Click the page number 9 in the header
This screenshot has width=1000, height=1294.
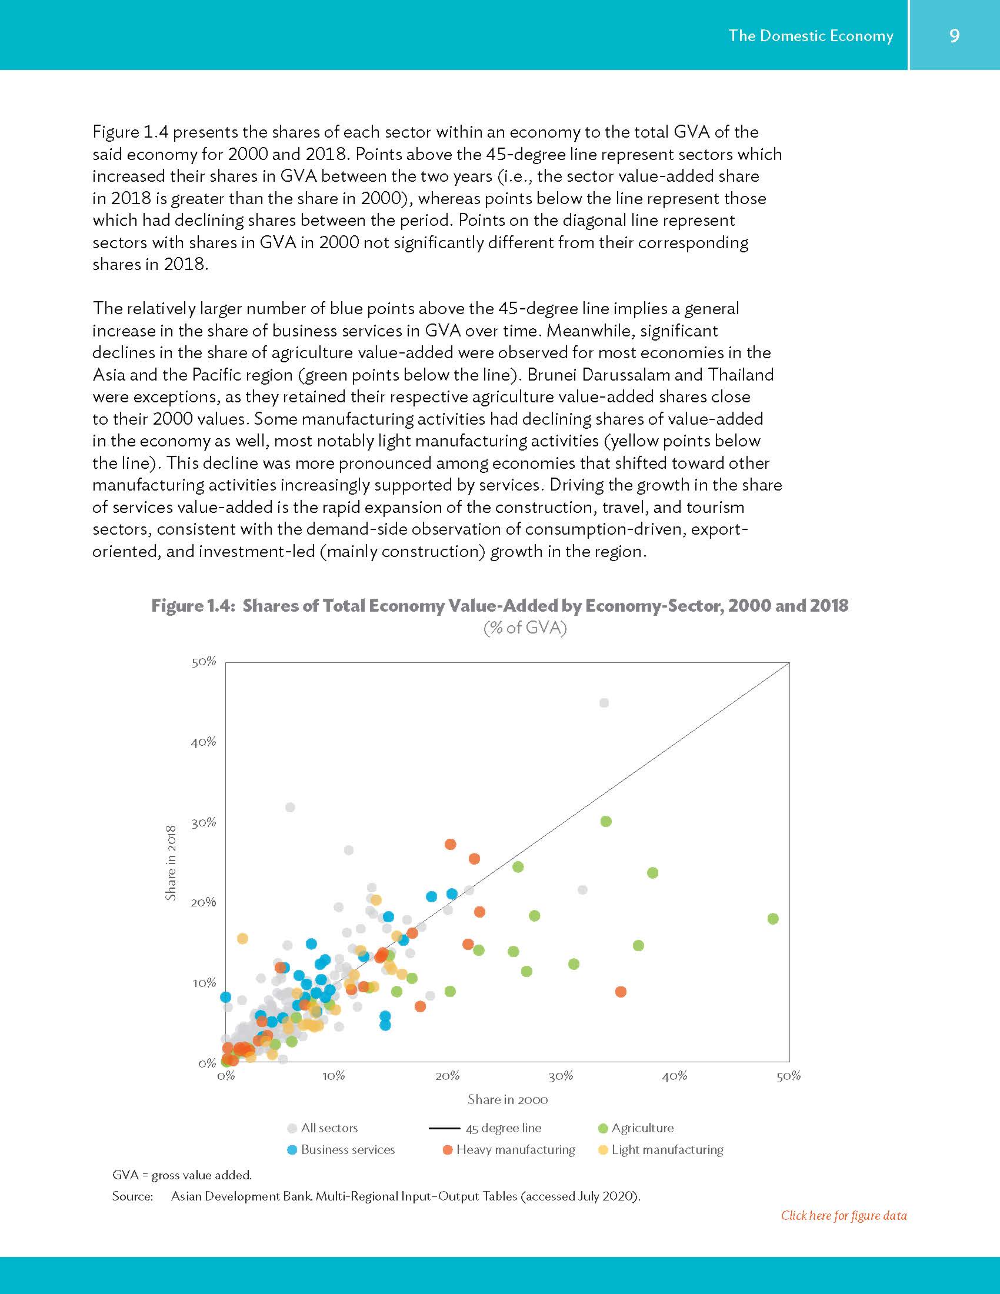[x=954, y=35]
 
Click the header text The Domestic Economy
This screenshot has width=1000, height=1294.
[x=811, y=35]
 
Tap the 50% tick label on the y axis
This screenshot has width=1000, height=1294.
[x=204, y=662]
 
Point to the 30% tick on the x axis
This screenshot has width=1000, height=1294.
[x=561, y=1076]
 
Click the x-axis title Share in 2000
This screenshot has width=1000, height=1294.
[x=508, y=1100]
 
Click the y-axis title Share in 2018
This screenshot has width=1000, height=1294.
[x=171, y=863]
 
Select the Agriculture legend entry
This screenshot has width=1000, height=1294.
[x=642, y=1128]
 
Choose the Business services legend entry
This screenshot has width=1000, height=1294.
[x=347, y=1150]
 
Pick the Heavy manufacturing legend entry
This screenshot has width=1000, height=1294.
[x=515, y=1150]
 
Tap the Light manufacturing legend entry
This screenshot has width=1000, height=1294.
[x=667, y=1150]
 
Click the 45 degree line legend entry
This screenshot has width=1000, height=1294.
[x=503, y=1128]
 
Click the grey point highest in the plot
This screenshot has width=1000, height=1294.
[x=604, y=703]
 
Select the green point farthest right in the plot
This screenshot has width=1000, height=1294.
[x=772, y=918]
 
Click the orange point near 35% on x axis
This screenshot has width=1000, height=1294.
[x=620, y=992]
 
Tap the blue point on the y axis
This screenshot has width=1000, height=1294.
[x=225, y=997]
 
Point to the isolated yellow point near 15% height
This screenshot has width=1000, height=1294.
[x=242, y=939]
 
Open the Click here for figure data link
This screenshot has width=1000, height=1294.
[x=843, y=1216]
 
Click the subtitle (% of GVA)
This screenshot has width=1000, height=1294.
[x=525, y=628]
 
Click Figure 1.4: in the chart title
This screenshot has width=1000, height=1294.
[x=193, y=605]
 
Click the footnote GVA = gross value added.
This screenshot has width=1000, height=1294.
[x=182, y=1175]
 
